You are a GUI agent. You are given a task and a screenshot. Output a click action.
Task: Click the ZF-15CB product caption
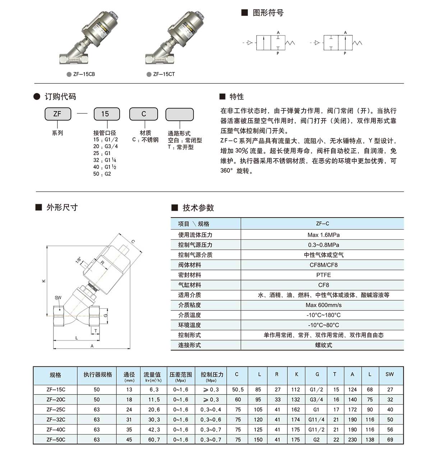(x=84, y=74)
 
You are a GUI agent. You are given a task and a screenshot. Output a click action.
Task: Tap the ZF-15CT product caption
(x=164, y=74)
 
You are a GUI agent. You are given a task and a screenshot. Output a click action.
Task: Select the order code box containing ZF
(x=57, y=114)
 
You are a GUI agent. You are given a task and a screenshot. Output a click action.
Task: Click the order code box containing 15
(x=105, y=114)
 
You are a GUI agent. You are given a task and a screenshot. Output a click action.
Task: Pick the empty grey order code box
(x=179, y=114)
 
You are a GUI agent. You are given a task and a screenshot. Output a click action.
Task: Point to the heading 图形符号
(x=268, y=13)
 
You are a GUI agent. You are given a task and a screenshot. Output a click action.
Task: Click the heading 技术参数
(x=198, y=207)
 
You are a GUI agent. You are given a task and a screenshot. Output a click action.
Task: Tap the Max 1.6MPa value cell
(x=323, y=235)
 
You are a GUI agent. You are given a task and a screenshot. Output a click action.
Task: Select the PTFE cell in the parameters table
(x=323, y=275)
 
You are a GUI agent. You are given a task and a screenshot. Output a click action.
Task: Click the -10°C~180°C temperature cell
(x=323, y=315)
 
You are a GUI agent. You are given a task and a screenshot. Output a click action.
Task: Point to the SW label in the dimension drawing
(x=58, y=297)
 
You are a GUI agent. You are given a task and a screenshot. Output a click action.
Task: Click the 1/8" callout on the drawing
(x=78, y=260)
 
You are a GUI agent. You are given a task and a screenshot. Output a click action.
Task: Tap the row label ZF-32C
(x=56, y=419)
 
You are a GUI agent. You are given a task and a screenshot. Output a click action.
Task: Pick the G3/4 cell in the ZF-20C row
(x=316, y=400)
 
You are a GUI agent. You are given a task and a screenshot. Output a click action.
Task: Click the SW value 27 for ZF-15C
(x=390, y=389)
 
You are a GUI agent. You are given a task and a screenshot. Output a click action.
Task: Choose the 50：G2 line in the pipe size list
(x=102, y=174)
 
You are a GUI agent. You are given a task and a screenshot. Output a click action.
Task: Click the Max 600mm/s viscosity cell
(x=323, y=305)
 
